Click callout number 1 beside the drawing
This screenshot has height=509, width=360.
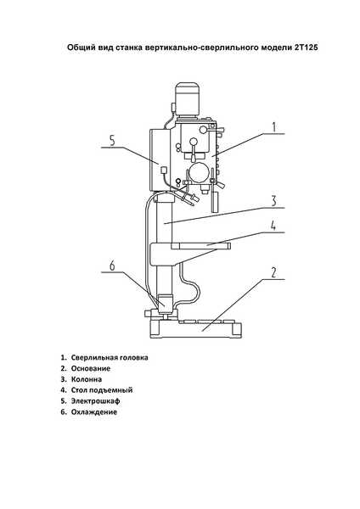274,127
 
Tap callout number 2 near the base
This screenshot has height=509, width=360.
274,272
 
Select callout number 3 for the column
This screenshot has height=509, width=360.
274,201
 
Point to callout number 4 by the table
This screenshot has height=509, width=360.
273,226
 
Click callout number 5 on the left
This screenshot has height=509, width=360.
112,141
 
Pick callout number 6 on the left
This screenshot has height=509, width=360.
112,266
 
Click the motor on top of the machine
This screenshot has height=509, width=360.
187,99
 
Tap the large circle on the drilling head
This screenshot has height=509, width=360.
199,173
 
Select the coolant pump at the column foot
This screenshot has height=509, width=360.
166,304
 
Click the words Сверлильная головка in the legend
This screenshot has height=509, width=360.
110,357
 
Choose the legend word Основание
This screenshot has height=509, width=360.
91,368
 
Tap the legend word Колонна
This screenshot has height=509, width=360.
87,379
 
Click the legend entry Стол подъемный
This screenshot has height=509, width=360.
102,390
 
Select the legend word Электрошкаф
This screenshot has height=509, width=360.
96,401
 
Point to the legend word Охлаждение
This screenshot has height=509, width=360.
94,412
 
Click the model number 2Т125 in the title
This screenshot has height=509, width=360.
306,48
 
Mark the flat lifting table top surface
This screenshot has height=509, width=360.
200,246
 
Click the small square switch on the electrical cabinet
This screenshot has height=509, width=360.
163,169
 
